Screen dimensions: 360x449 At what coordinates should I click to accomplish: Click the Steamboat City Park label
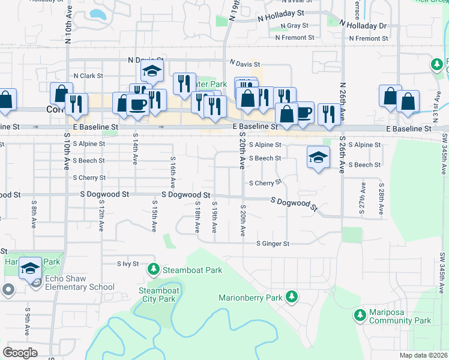click(x=157, y=295)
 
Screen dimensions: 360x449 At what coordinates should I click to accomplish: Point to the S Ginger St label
click(x=273, y=244)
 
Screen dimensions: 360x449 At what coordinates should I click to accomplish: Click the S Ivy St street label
click(x=128, y=263)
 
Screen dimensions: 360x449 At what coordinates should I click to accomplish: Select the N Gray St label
click(x=292, y=26)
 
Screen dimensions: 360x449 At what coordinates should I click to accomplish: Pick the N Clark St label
click(x=88, y=76)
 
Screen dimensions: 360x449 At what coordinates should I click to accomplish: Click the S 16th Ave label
click(x=172, y=172)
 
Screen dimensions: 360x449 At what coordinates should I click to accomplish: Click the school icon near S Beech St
click(x=318, y=158)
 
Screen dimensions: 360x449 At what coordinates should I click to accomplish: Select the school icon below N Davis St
click(x=152, y=71)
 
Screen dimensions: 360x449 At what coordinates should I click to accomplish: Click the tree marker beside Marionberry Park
click(x=291, y=296)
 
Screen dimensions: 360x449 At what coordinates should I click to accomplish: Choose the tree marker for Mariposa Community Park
click(x=360, y=315)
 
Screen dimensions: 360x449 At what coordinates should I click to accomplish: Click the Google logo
click(x=20, y=353)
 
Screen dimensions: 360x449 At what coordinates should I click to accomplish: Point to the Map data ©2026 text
click(x=423, y=355)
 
